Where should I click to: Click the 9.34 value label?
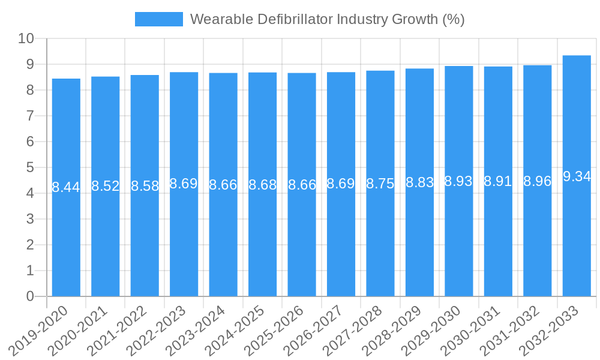[577, 176]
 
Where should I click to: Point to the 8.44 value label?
[66, 187]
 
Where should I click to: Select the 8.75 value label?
[380, 184]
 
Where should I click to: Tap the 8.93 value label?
[459, 182]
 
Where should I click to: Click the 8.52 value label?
[106, 186]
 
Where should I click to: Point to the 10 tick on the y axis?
[26, 38]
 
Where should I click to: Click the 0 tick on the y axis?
[30, 296]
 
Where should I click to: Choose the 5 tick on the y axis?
[30, 167]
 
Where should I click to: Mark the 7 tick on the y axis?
[30, 116]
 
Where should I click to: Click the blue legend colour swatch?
[159, 19]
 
